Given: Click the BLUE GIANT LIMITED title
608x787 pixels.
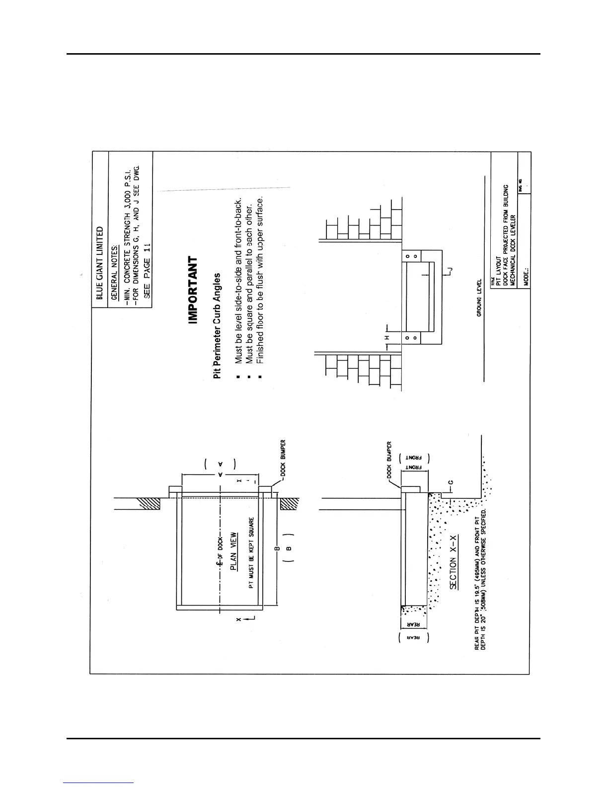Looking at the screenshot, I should click(100, 263).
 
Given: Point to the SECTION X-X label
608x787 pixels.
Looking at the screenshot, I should click(453, 572).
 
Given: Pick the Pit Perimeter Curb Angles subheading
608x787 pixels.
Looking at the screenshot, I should click(217, 325).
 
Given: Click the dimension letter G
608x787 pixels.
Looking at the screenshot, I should click(451, 481).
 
